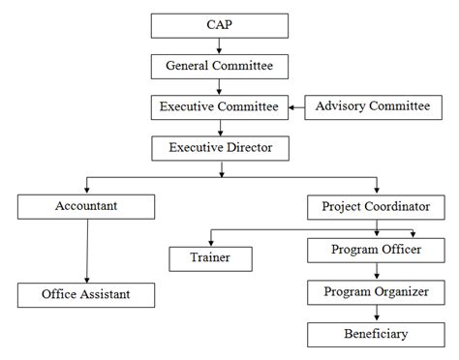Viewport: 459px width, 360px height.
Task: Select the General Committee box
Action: tap(220, 66)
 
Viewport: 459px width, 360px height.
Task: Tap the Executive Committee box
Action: tap(220, 106)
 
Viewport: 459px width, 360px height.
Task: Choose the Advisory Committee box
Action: tap(367, 106)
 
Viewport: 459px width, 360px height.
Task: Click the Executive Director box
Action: tap(220, 147)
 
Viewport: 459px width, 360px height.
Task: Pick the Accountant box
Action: tap(86, 206)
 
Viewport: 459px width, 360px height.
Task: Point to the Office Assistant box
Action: tap(86, 293)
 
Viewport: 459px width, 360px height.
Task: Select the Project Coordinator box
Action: tap(376, 206)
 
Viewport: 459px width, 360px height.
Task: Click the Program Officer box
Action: tap(376, 250)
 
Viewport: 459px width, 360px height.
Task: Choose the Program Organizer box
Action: tap(376, 292)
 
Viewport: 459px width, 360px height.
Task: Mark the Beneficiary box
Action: tap(376, 334)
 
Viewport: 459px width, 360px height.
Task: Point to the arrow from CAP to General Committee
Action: tap(220, 46)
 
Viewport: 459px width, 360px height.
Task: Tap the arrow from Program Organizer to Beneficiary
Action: tap(376, 313)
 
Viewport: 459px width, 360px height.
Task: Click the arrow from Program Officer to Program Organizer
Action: tap(376, 271)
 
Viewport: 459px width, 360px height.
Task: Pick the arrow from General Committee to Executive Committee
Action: tap(220, 86)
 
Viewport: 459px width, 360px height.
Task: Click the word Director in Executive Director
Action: tap(250, 147)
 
